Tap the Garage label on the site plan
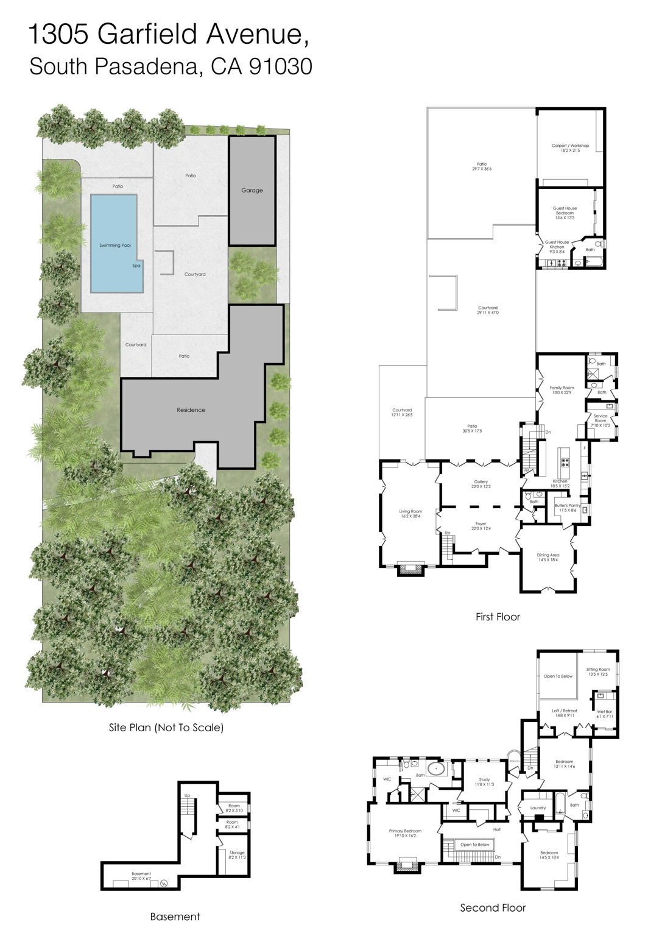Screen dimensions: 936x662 point(252,190)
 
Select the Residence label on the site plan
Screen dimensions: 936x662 point(191,410)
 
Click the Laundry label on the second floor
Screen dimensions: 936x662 point(538,808)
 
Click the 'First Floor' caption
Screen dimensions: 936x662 point(498,617)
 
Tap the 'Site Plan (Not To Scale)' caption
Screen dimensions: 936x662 point(166,727)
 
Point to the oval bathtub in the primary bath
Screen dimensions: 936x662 point(436,768)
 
